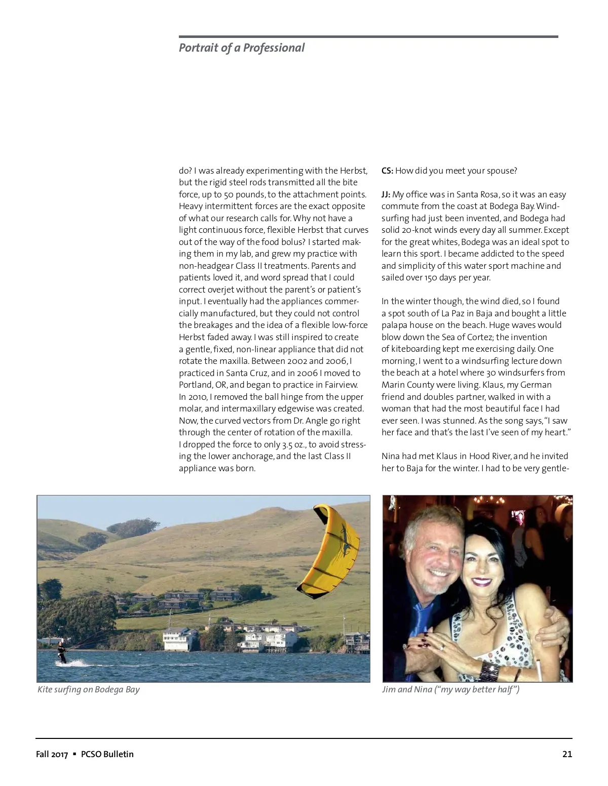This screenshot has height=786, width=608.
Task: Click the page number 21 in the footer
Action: click(x=567, y=754)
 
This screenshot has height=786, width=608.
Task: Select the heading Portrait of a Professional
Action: click(x=242, y=48)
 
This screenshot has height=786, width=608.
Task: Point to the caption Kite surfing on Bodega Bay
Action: click(x=89, y=689)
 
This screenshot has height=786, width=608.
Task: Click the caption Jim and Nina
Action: click(x=450, y=689)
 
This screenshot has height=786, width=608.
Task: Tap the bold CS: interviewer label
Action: click(x=387, y=171)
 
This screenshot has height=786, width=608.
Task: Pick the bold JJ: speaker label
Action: click(x=386, y=194)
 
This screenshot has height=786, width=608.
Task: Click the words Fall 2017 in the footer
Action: click(x=52, y=754)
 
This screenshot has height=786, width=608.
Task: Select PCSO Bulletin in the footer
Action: click(x=107, y=754)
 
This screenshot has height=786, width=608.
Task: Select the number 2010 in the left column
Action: click(x=198, y=397)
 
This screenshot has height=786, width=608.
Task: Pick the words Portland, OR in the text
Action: click(x=199, y=385)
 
